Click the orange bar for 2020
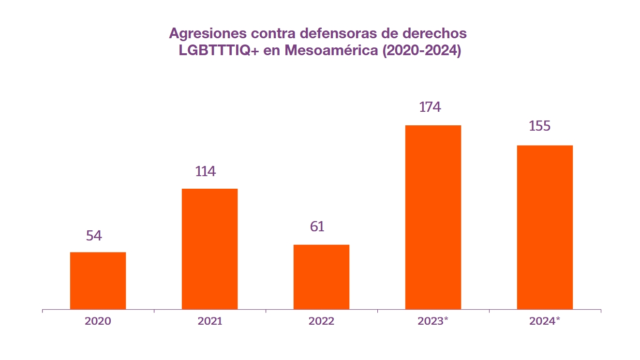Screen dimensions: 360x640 [x=98, y=281]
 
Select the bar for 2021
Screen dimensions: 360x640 [x=209, y=249]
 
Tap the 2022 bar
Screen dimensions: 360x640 [x=321, y=277]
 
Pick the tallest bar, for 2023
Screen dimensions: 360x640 [x=433, y=217]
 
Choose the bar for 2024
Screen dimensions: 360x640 [x=545, y=227]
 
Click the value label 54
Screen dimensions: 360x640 [x=94, y=236]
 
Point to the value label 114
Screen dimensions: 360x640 [x=206, y=171]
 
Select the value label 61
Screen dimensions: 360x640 [x=317, y=226]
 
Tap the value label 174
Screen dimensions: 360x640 [x=430, y=107]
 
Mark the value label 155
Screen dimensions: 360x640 [x=540, y=126]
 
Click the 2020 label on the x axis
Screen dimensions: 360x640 [x=98, y=321]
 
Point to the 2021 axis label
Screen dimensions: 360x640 [x=210, y=321]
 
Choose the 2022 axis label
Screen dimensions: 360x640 [x=321, y=321]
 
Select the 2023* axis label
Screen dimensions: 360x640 [x=433, y=321]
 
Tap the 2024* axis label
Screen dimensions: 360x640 [x=545, y=321]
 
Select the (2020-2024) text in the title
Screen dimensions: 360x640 [x=421, y=51]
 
